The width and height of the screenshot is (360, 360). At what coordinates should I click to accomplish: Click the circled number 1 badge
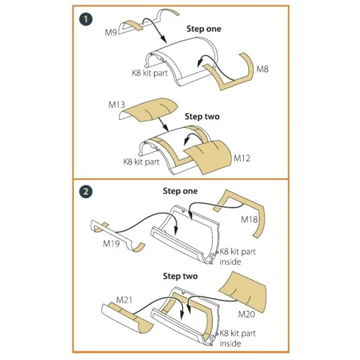pos(86,19)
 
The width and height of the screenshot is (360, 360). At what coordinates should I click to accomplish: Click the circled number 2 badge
pos(86,191)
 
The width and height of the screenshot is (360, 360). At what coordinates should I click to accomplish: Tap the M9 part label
pos(111,33)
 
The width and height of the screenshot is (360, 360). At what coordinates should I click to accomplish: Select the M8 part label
pos(263,69)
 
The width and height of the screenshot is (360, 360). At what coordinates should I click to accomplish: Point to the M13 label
pos(117,105)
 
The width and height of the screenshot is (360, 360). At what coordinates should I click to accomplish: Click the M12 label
pos(242,158)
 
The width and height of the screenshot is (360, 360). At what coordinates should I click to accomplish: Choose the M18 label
pos(249,219)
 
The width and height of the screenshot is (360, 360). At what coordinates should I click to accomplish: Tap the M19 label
pos(111,243)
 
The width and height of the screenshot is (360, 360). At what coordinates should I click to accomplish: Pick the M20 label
pos(247,314)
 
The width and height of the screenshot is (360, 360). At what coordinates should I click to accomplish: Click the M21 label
pos(124,300)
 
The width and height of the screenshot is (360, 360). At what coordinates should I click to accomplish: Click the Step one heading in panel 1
pos(204,29)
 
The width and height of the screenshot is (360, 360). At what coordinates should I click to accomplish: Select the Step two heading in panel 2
pos(180,276)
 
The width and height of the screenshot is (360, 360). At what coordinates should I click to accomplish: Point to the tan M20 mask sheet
pos(244,291)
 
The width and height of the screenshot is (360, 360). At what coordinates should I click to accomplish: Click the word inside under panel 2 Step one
pos(230,262)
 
